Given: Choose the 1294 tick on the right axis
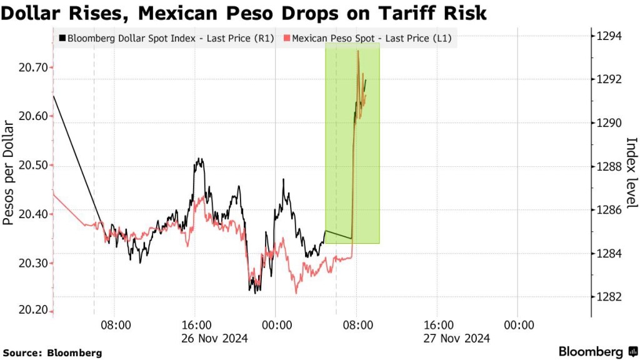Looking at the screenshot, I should coord(610,36).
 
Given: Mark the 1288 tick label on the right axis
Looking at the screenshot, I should coord(610,166).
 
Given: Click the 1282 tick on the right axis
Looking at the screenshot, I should coord(610,296).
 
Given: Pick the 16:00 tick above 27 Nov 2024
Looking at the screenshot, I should coord(439,325).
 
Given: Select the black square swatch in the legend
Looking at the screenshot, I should coord(62,39).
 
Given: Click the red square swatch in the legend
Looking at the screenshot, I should coord(287,39).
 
